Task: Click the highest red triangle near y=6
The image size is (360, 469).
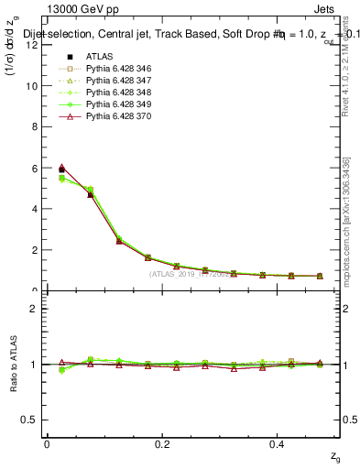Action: pos(61,168)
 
